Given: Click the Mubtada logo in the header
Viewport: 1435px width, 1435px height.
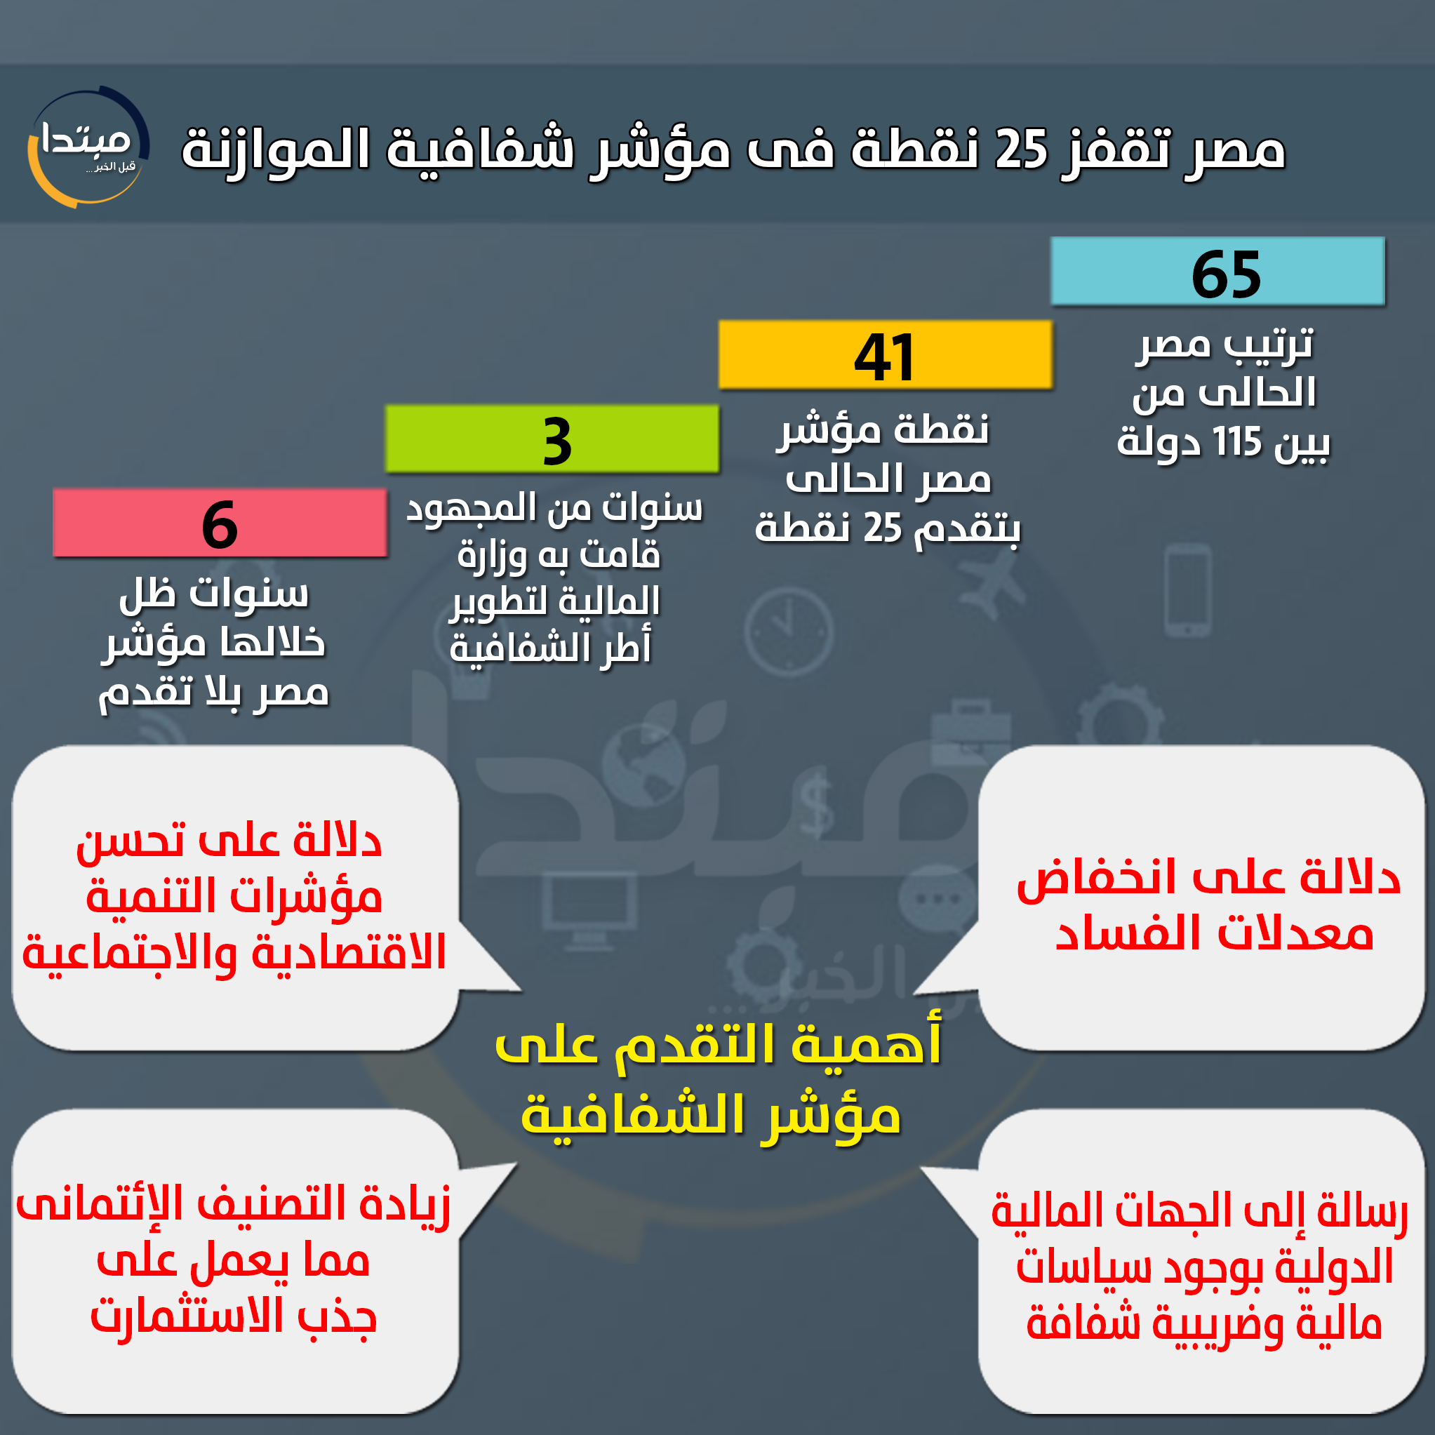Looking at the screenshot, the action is pyautogui.click(x=88, y=147).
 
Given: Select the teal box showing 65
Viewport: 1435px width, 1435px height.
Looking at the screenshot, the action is pyautogui.click(x=1218, y=271).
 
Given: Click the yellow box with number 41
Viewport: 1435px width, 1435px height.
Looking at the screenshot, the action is pyautogui.click(x=886, y=355).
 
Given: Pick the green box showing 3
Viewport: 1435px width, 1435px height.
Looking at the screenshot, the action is pyautogui.click(x=552, y=439).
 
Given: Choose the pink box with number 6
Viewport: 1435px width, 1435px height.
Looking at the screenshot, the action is pyautogui.click(x=220, y=523).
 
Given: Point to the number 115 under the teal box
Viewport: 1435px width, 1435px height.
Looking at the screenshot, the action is pyautogui.click(x=1237, y=443).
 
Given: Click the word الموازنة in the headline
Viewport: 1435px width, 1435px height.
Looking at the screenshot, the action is pyautogui.click(x=276, y=149).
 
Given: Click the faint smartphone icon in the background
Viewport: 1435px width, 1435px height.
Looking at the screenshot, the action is pyautogui.click(x=1188, y=590).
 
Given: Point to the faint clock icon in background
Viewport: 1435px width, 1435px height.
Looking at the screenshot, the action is pyautogui.click(x=789, y=632).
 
